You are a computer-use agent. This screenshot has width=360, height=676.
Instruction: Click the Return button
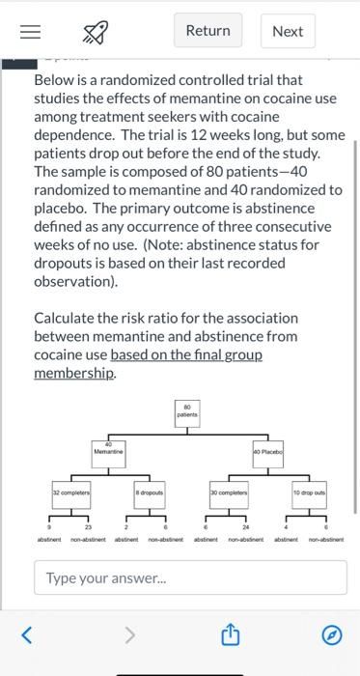(208, 31)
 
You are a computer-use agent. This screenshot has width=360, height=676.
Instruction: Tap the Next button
(288, 31)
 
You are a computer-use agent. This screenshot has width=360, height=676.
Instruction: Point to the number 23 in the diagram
(91, 525)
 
